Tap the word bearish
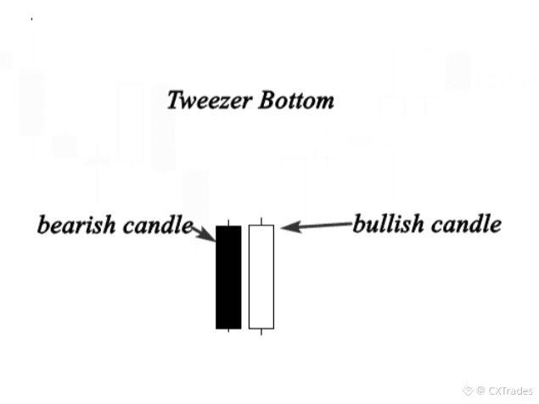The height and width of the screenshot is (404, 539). pyautogui.click(x=73, y=227)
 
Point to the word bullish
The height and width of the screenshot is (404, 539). pyautogui.click(x=389, y=225)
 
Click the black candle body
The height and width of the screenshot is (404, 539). pyautogui.click(x=228, y=277)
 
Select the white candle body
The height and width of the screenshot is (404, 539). pyautogui.click(x=261, y=277)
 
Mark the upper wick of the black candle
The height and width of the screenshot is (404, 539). pyautogui.click(x=228, y=222)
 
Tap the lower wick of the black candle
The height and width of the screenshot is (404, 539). pyautogui.click(x=228, y=332)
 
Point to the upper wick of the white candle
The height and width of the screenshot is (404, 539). pyautogui.click(x=261, y=222)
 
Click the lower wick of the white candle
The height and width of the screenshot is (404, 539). pyautogui.click(x=261, y=332)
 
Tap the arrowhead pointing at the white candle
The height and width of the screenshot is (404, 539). pyautogui.click(x=286, y=227)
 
